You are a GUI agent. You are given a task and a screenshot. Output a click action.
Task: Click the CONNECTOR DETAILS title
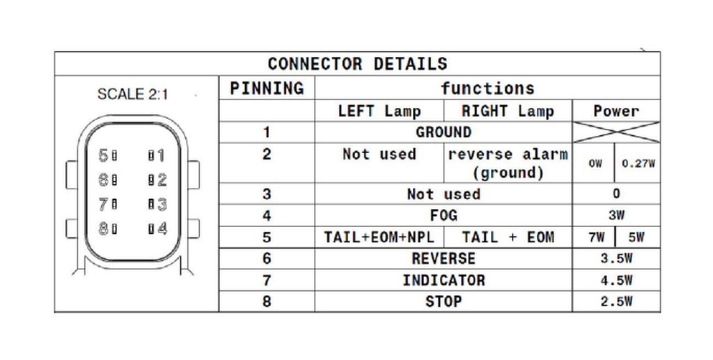pyautogui.click(x=357, y=63)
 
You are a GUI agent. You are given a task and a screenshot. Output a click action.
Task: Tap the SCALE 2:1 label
pyautogui.click(x=133, y=94)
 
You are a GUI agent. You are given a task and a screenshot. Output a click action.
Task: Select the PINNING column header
pyautogui.click(x=267, y=88)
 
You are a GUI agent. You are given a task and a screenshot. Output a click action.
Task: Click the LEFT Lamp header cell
pyautogui.click(x=379, y=111)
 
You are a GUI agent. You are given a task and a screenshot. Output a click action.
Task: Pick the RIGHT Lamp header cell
pyautogui.click(x=508, y=111)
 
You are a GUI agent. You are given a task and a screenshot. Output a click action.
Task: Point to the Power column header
pyautogui.click(x=616, y=111)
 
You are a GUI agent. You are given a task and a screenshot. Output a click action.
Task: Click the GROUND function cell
pyautogui.click(x=444, y=132)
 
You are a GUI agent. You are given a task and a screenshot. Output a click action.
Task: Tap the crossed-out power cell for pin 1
pyautogui.click(x=616, y=132)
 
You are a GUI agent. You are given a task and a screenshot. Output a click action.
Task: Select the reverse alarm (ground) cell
pyautogui.click(x=508, y=164)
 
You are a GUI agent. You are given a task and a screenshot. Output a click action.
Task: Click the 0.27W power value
pyautogui.click(x=638, y=164)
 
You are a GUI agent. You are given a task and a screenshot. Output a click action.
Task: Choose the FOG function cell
pyautogui.click(x=444, y=215)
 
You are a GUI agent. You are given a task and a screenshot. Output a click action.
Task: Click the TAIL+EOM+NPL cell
pyautogui.click(x=379, y=237)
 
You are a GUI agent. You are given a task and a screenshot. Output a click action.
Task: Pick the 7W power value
pyautogui.click(x=596, y=237)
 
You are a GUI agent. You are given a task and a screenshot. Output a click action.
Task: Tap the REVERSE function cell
pyautogui.click(x=444, y=258)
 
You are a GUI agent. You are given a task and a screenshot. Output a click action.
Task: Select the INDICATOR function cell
pyautogui.click(x=444, y=280)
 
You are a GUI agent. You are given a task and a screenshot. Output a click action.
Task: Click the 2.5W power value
pyautogui.click(x=616, y=302)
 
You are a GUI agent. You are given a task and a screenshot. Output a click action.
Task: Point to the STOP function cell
pyautogui.click(x=444, y=302)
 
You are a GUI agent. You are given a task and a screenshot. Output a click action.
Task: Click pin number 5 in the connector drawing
pyautogui.click(x=104, y=155)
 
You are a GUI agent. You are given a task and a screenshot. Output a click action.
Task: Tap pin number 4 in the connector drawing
pyautogui.click(x=162, y=228)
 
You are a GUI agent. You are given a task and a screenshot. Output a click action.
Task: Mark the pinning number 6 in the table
pyautogui.click(x=267, y=258)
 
